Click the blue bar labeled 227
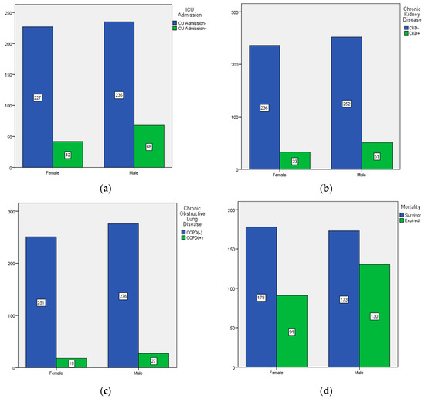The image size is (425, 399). [38, 97]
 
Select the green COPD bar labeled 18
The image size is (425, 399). [71, 363]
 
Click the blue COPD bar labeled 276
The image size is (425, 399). [124, 295]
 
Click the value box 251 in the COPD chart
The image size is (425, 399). [41, 302]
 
